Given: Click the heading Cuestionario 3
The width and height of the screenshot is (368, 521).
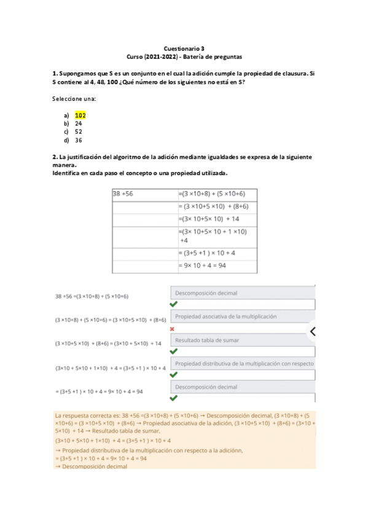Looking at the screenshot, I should tap(184, 47).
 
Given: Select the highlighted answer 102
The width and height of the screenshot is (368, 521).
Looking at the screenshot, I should tap(80, 115).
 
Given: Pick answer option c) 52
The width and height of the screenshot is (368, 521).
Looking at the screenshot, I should tap(79, 131).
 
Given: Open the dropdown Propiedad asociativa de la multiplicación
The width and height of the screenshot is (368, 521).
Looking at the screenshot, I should tap(242, 316).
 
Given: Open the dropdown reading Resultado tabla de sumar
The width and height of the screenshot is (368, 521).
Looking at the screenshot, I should tap(242, 340).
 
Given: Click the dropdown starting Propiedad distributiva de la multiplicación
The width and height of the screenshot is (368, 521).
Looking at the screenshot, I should tap(242, 364).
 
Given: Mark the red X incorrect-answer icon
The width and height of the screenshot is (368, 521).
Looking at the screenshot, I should tap(173, 329).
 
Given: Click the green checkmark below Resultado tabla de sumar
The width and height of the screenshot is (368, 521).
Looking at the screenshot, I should tap(174, 351).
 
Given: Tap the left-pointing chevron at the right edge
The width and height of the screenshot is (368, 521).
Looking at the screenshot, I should tap(312, 332).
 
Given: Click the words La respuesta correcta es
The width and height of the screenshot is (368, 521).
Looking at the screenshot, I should tap(82, 415).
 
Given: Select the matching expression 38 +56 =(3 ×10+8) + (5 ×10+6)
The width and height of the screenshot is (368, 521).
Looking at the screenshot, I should tap(92, 296).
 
